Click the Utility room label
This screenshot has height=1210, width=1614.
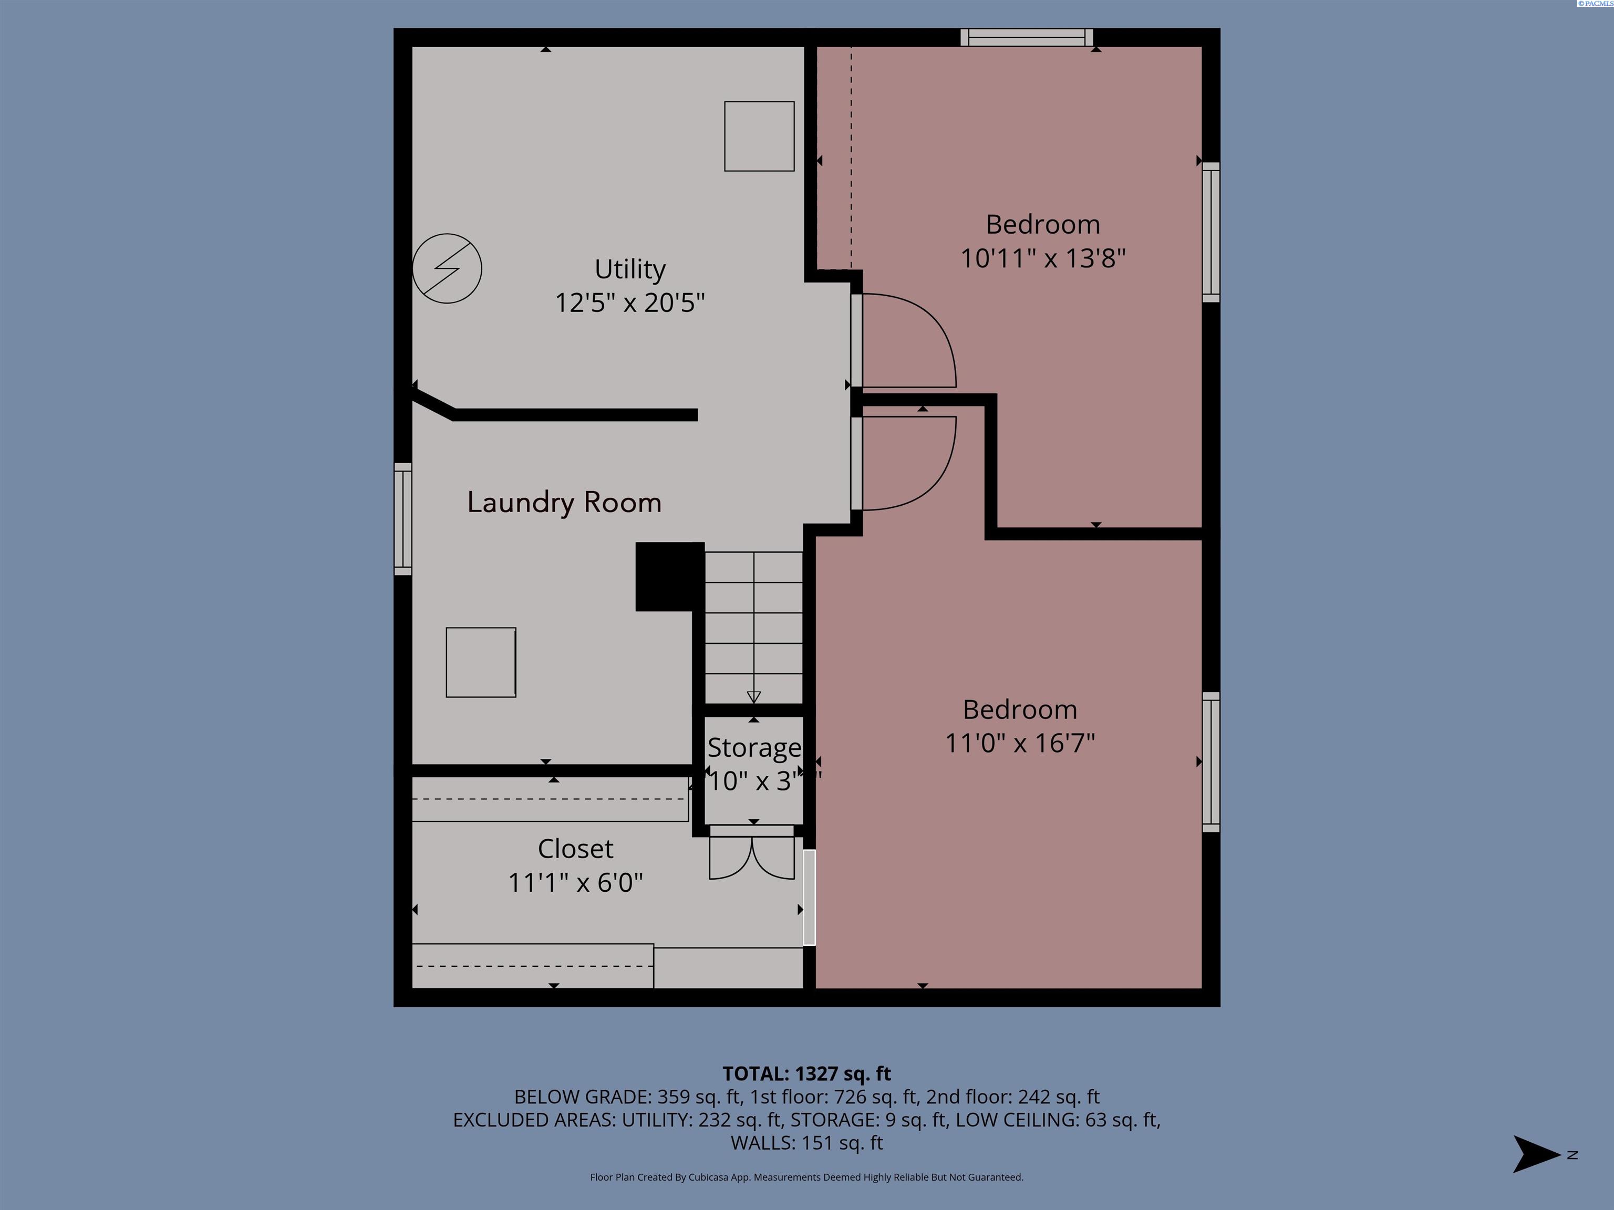(x=630, y=269)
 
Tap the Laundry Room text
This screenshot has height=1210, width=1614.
(x=564, y=503)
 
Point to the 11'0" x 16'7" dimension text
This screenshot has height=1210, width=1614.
(x=1019, y=743)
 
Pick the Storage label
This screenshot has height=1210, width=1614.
(x=754, y=748)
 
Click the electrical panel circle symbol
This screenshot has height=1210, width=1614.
(x=447, y=268)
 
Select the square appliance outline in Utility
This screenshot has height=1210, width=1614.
(x=759, y=137)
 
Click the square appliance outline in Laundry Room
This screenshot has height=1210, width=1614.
(x=481, y=662)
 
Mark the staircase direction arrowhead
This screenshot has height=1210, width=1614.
(x=754, y=696)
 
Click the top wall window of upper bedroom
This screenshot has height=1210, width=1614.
(x=1026, y=37)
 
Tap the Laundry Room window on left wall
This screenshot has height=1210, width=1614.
(x=403, y=518)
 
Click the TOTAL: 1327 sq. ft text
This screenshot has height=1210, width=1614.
(x=806, y=1073)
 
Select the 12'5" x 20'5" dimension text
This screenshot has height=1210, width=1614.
(x=630, y=302)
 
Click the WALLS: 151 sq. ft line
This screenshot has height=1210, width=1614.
(x=806, y=1143)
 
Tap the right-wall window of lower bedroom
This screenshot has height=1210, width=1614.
(x=1210, y=762)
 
